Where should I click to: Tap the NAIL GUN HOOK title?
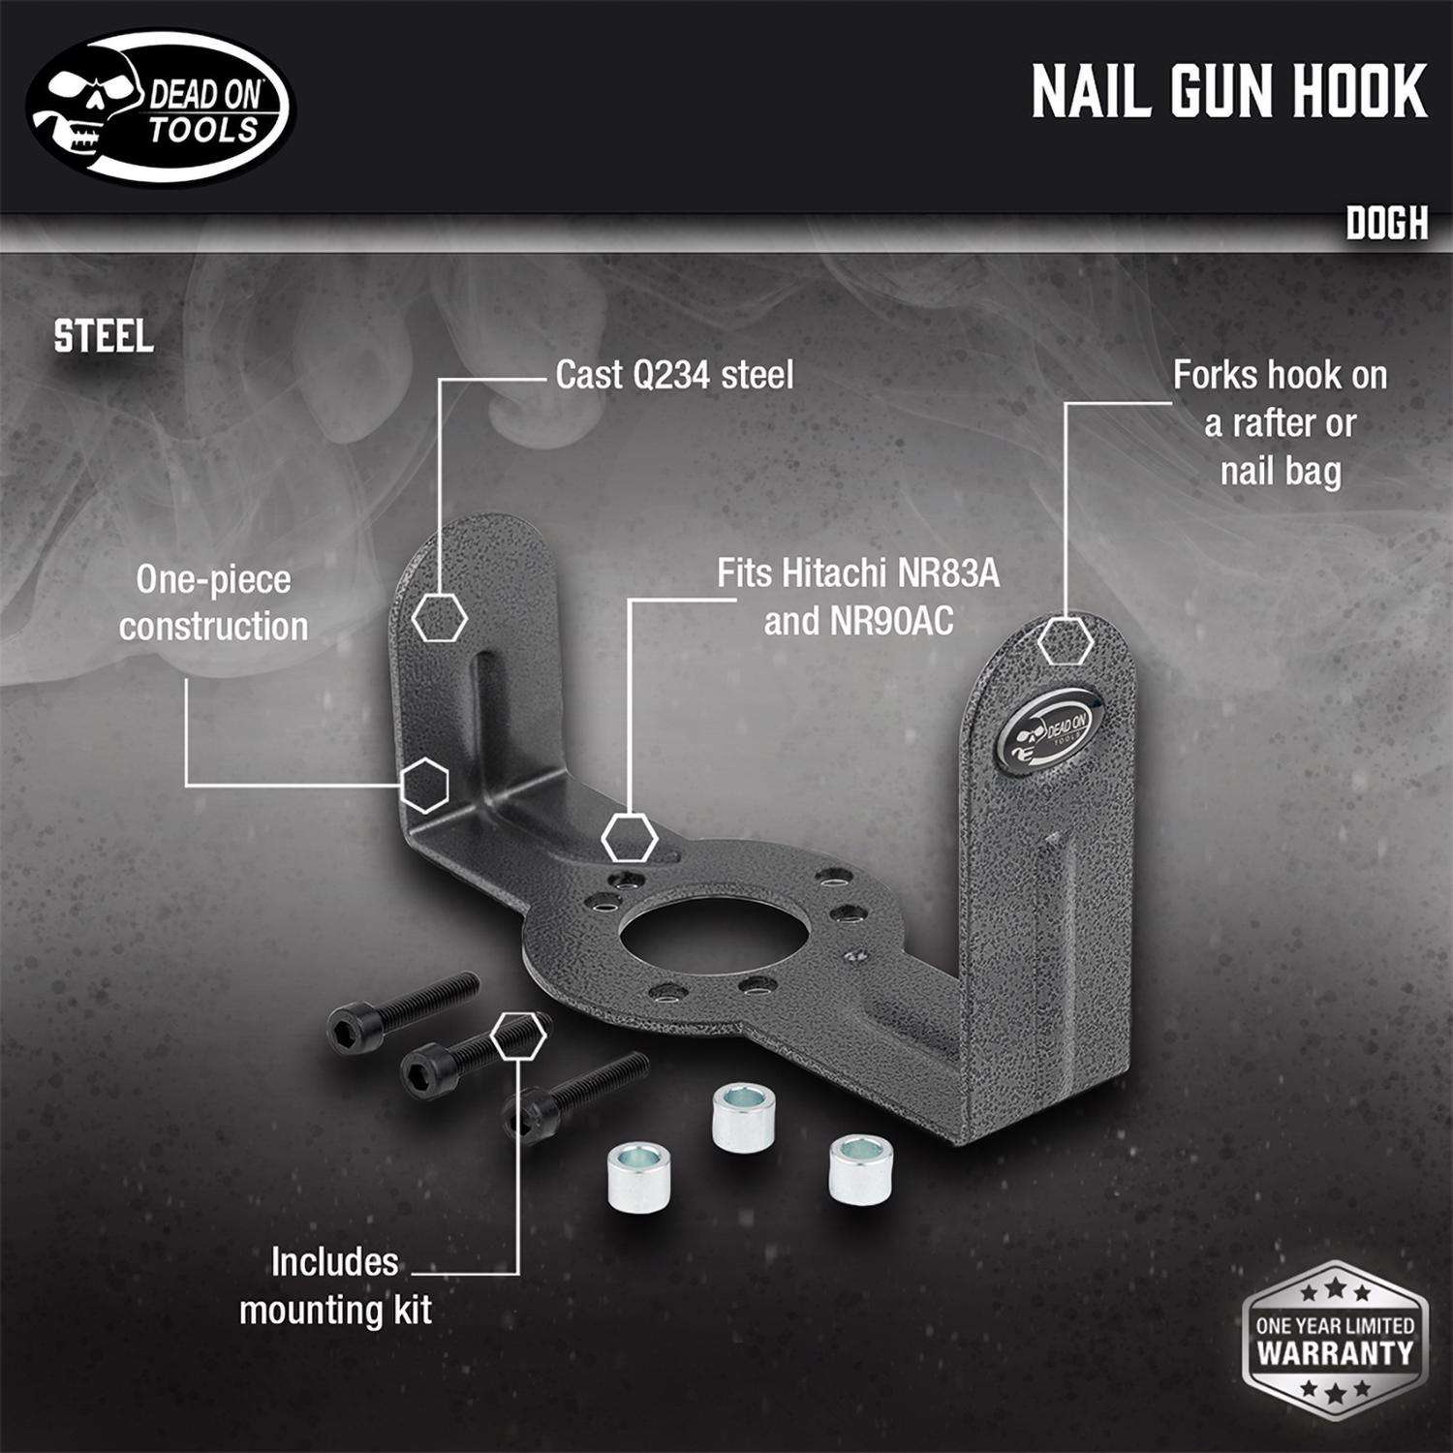click(1228, 92)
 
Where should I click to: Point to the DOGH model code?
click(1386, 225)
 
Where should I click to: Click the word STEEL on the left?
click(104, 336)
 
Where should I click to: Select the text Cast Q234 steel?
click(674, 376)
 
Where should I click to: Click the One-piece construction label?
click(214, 603)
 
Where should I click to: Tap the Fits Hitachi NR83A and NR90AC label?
click(858, 597)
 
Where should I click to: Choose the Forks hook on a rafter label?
click(1280, 423)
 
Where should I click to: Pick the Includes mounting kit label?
click(335, 1285)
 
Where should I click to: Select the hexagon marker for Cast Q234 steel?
click(440, 617)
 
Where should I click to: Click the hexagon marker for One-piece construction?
click(425, 786)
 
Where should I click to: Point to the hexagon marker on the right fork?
click(1067, 639)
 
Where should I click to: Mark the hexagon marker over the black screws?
click(518, 1037)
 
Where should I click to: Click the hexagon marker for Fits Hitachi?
click(630, 837)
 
